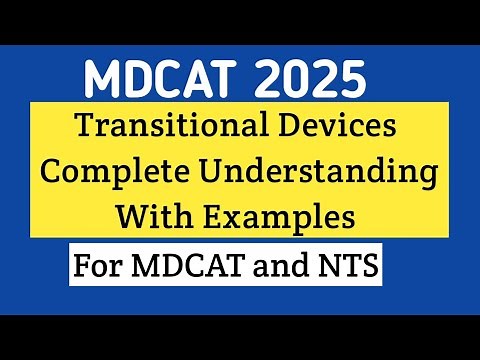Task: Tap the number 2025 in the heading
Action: pyautogui.click(x=310, y=76)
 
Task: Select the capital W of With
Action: pyautogui.click(x=129, y=213)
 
